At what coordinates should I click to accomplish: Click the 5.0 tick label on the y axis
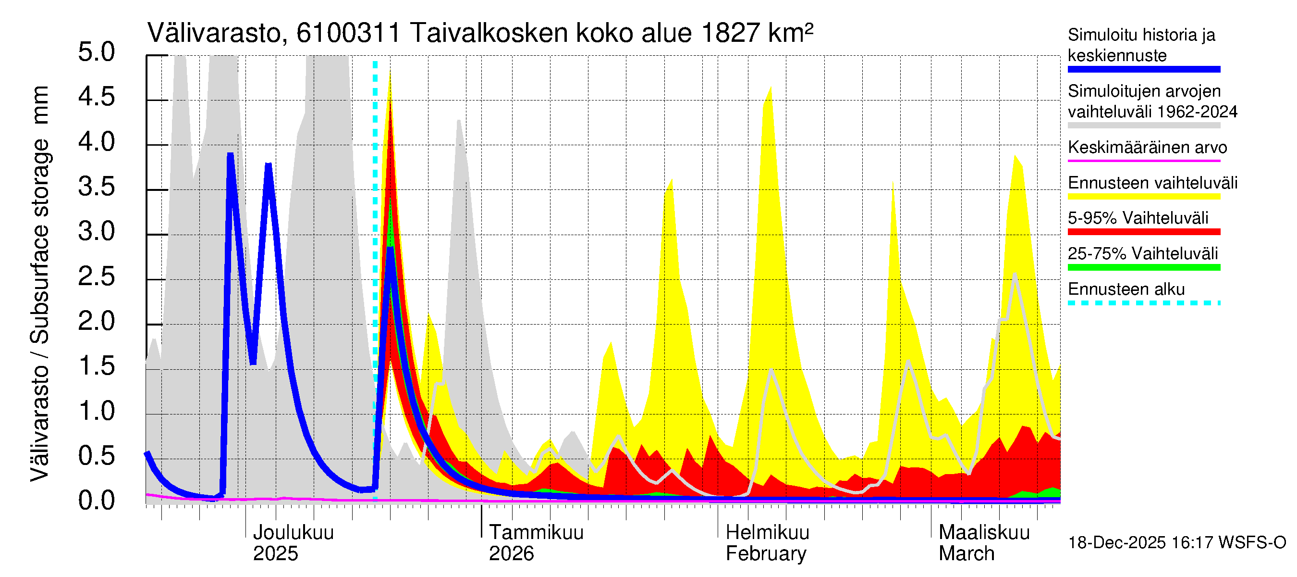pyautogui.click(x=96, y=52)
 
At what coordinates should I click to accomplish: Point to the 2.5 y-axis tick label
pyautogui.click(x=96, y=276)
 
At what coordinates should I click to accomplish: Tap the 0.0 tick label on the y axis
pyautogui.click(x=96, y=501)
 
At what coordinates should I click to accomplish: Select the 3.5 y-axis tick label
pyautogui.click(x=96, y=187)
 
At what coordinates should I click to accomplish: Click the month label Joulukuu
pyautogui.click(x=293, y=533)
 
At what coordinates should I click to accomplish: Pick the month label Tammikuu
pyautogui.click(x=536, y=533)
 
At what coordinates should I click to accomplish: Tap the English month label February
pyautogui.click(x=765, y=554)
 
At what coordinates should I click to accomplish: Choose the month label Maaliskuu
pyautogui.click(x=984, y=533)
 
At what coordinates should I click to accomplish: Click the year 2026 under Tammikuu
pyautogui.click(x=511, y=554)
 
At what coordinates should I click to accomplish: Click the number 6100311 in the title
pyautogui.click(x=348, y=33)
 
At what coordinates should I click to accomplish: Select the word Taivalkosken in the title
pyautogui.click(x=489, y=33)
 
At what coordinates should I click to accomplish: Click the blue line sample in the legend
pyautogui.click(x=1143, y=70)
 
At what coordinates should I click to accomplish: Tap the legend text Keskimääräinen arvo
pyautogui.click(x=1147, y=148)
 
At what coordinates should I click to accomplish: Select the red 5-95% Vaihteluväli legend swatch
pyautogui.click(x=1143, y=232)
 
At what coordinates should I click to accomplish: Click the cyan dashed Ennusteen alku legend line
pyautogui.click(x=1143, y=303)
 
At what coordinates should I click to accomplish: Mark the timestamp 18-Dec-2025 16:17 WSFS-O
pyautogui.click(x=1176, y=543)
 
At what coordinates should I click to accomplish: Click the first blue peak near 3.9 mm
pyautogui.click(x=230, y=155)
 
